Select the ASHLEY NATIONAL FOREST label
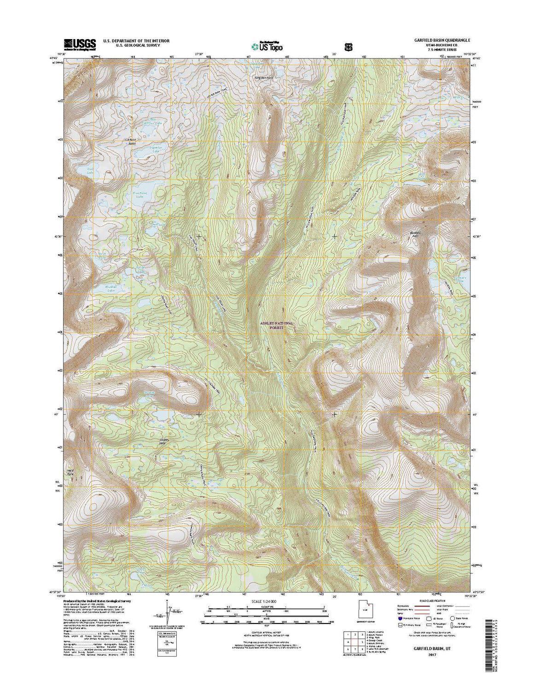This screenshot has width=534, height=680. pos(277,326)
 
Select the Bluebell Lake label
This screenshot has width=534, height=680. pos(106,289)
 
